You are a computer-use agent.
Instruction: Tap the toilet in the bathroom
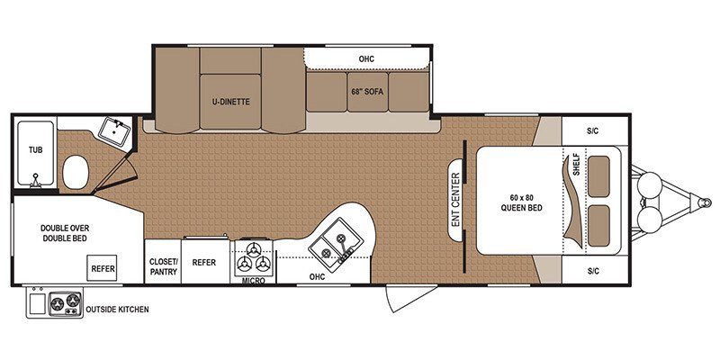[x=75, y=170]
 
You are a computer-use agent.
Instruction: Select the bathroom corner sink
[x=113, y=131]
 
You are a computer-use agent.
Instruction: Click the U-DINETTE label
[x=230, y=102]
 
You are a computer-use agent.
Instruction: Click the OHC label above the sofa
[x=365, y=59]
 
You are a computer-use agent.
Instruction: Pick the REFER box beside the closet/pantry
[x=204, y=262]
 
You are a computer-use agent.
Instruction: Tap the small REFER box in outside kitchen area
[x=101, y=267]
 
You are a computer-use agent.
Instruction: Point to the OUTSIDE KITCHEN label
[x=117, y=310]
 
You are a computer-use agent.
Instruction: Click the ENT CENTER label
[x=455, y=200]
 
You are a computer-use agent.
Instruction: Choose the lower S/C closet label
[x=592, y=270]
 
